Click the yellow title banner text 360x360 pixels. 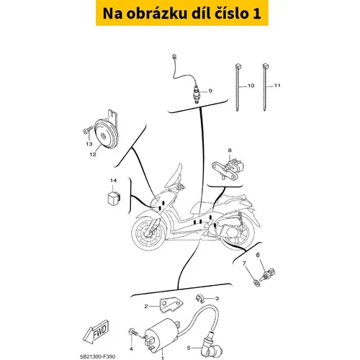[181, 13]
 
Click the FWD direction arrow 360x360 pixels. [96, 331]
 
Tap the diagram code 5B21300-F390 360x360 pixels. [97, 356]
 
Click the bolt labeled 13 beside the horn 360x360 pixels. [87, 130]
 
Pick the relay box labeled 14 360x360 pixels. [114, 198]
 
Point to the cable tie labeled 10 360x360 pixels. [238, 87]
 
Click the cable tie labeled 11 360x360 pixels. [265, 87]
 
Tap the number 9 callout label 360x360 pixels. [210, 91]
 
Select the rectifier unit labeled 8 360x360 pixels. [227, 167]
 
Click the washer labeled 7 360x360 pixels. [257, 283]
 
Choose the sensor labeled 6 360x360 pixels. [268, 274]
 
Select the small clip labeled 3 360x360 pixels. [199, 299]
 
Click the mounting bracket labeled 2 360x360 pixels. [171, 305]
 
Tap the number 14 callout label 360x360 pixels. [113, 181]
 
